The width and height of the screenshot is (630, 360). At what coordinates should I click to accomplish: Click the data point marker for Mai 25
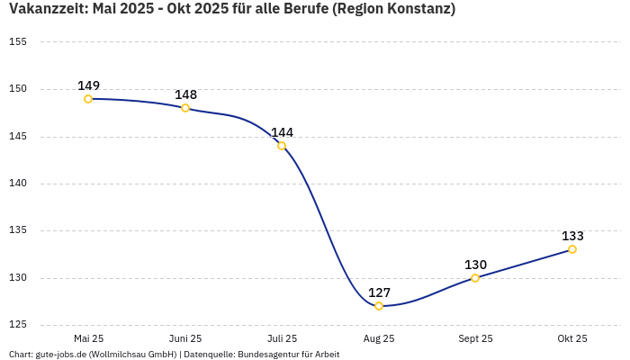pos(88,99)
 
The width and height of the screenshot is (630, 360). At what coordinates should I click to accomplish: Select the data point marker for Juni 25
pos(185,108)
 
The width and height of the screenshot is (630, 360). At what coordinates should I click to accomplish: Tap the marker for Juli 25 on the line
pos(282,146)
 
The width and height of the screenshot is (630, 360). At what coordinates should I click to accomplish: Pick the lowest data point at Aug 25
pos(379,306)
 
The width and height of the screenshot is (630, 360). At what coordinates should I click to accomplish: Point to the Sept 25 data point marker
pos(475,278)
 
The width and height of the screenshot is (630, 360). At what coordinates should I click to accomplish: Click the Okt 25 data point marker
pos(572,249)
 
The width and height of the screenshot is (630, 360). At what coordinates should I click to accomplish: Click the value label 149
pos(88,85)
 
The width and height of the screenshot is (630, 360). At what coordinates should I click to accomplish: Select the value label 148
pos(185,94)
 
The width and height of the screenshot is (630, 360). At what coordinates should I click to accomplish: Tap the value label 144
pos(282,132)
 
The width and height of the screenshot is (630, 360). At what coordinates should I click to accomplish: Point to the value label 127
pos(379,292)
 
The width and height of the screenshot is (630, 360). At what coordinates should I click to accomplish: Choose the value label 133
pos(572,236)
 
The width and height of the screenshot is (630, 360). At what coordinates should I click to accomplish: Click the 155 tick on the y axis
pos(17,42)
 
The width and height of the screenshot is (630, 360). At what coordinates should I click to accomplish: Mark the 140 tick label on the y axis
pos(17,184)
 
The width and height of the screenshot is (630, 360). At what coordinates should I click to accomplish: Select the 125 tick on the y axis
pos(17,325)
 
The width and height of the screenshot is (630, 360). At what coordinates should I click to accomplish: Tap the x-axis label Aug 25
pos(379,338)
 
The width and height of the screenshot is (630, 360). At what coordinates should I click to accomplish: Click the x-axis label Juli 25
pos(282,338)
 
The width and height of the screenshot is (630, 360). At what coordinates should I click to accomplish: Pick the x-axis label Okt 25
pos(572,338)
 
